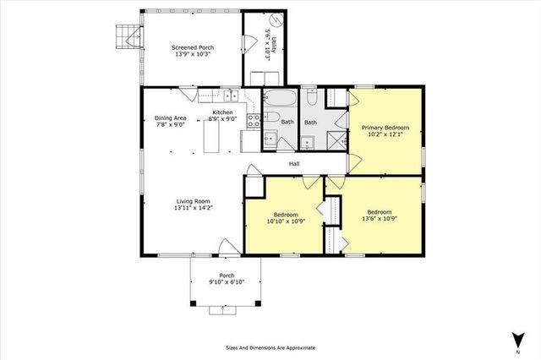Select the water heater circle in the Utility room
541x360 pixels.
coord(275,22)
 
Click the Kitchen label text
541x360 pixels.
coord(222,112)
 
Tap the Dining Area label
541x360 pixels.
coord(170,117)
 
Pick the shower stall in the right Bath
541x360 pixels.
coord(336,139)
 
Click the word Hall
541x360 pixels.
coord(295,163)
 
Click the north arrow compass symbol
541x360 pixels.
coord(514,340)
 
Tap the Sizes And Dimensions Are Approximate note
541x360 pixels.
coord(270,347)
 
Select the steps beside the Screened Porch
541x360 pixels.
coord(128,34)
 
